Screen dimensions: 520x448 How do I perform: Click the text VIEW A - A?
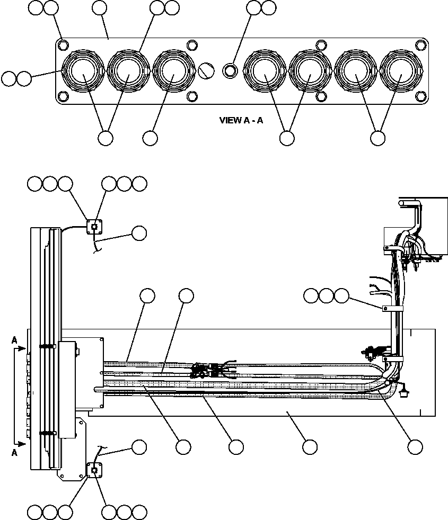pyautogui.click(x=241, y=120)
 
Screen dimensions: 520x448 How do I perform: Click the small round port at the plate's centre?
pyautogui.click(x=230, y=70)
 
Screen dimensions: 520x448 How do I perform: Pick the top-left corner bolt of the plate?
pyautogui.click(x=64, y=44)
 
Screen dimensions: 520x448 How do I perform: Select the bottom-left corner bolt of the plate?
pyautogui.click(x=64, y=96)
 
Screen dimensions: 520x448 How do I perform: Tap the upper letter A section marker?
pyautogui.click(x=14, y=342)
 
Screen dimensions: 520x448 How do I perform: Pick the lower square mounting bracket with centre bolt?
pyautogui.click(x=94, y=469)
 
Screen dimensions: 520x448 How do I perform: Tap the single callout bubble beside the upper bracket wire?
pyautogui.click(x=139, y=232)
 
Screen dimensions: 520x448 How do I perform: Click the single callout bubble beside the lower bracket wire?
pyautogui.click(x=139, y=446)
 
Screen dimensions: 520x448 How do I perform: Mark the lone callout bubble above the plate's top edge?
pyautogui.click(x=99, y=7)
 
